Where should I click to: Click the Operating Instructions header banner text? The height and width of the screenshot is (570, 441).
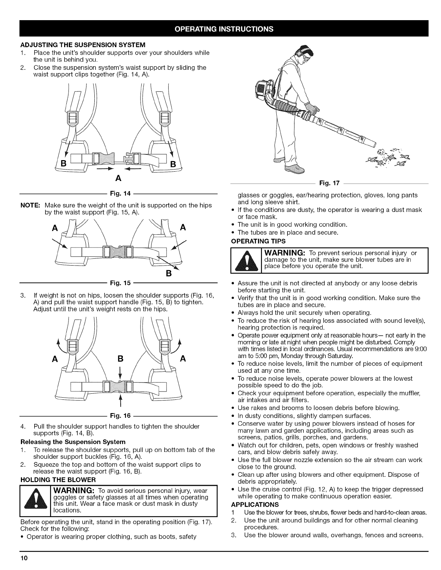220,29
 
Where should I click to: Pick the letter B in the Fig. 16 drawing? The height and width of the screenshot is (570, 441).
121,359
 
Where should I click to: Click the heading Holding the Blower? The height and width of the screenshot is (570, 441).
58,480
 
